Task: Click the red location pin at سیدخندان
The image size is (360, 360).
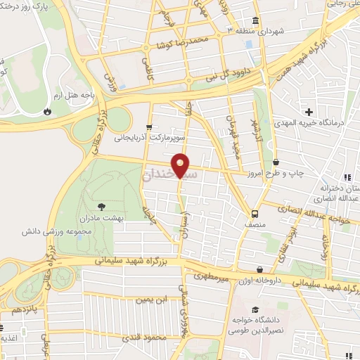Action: tap(181, 165)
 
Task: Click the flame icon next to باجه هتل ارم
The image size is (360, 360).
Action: tap(47, 110)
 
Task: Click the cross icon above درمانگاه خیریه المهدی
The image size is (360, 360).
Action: tap(308, 112)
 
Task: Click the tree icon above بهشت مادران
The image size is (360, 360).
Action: tap(102, 207)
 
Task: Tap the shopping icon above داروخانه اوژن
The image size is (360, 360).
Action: tap(260, 269)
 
